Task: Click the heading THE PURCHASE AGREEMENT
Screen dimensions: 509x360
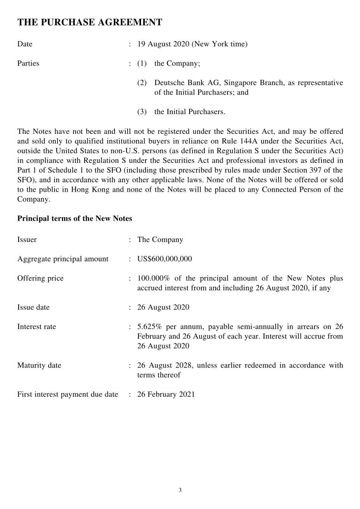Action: (x=90, y=22)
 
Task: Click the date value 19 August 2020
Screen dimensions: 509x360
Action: (x=163, y=44)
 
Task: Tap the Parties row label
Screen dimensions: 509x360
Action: (x=28, y=63)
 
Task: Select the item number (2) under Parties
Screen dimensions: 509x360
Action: (x=142, y=83)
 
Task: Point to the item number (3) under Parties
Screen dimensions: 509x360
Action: (x=142, y=112)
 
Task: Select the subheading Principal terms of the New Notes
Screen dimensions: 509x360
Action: (x=75, y=219)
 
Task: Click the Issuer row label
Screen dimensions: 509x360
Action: (x=27, y=240)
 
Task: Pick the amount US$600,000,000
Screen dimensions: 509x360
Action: (x=165, y=259)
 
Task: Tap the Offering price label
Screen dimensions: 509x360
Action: (x=40, y=279)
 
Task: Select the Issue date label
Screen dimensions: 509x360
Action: (x=33, y=308)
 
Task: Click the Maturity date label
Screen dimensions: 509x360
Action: (x=39, y=365)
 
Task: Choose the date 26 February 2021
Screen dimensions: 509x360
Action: (x=166, y=395)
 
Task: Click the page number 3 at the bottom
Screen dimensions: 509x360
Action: (x=180, y=490)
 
